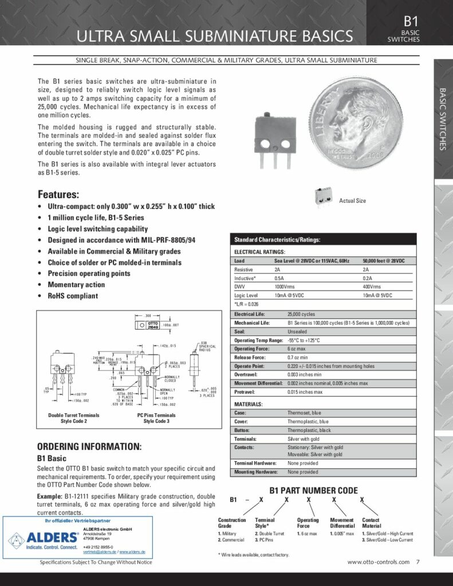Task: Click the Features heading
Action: pos(58,194)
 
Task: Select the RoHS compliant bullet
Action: pos(72,296)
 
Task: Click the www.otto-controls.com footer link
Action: pos(378,562)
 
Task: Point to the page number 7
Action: pos(418,562)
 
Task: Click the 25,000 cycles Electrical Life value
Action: pos(301,314)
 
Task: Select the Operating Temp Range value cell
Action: pos(304,340)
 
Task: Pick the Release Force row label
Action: pos(251,357)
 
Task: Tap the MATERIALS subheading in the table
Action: pos(249,404)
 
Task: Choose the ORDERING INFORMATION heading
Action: pos(89,446)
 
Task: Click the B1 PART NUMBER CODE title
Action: pos(313,490)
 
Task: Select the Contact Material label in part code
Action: pos(371,522)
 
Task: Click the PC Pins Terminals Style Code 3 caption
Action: pos(157,418)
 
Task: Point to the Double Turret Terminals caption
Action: pos(74,414)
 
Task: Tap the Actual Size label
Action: pos(352,201)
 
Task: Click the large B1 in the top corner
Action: pos(411,21)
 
